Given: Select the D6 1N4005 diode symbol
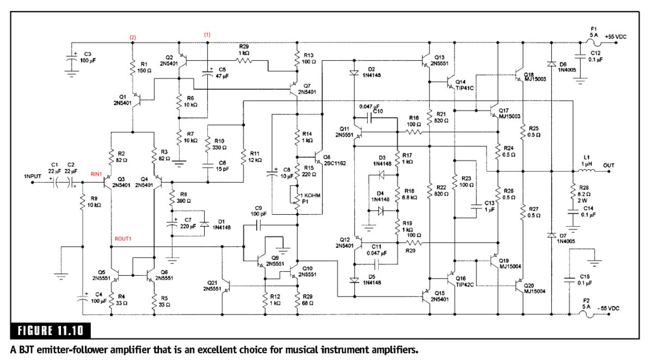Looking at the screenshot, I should tap(552, 65).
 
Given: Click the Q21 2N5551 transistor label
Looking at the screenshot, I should tap(213, 286).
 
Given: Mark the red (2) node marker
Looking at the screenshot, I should tap(132, 36).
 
